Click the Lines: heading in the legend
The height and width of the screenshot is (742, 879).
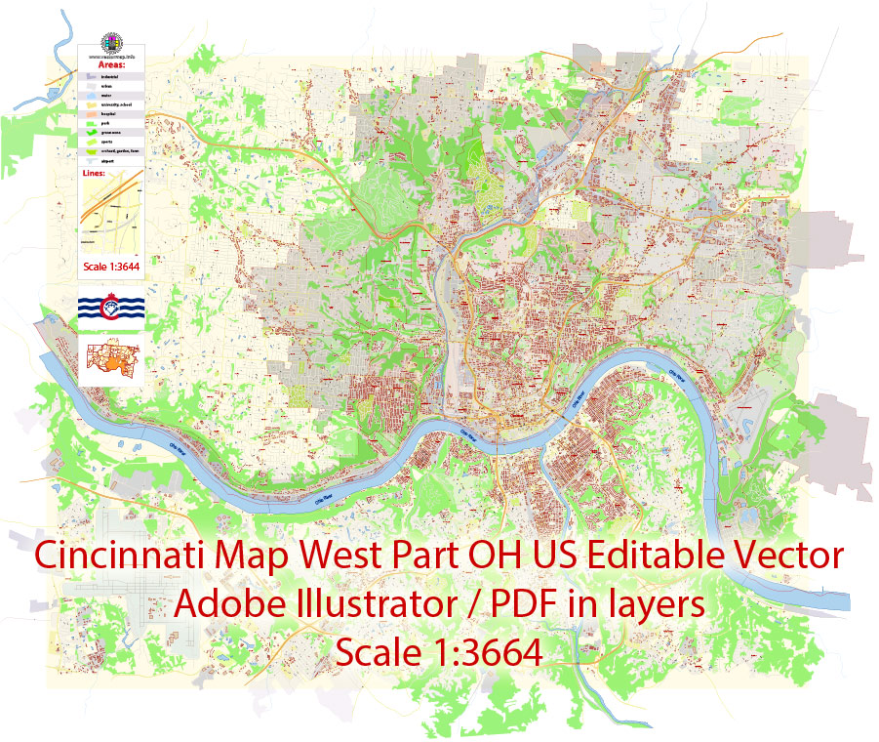[x=98, y=174]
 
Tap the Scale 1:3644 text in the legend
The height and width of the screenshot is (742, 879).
[x=109, y=266]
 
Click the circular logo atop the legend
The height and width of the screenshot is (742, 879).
[x=112, y=44]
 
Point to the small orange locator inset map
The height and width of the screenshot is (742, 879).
[x=109, y=359]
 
